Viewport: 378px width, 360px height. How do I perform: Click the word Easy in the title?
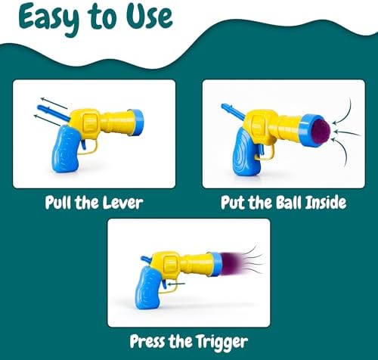[48, 20]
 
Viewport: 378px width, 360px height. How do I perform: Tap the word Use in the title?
[149, 17]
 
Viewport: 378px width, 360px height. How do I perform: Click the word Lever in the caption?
[122, 203]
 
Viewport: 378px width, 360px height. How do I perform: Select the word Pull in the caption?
[58, 203]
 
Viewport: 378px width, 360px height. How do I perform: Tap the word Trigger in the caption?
[222, 342]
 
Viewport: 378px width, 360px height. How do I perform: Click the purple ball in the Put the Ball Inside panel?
[319, 132]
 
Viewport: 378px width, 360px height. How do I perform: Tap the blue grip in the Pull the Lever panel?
[66, 149]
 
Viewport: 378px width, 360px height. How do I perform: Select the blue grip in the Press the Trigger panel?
[148, 288]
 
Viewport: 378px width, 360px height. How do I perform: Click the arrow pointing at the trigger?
[176, 284]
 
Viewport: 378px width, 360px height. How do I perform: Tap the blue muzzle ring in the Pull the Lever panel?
[138, 123]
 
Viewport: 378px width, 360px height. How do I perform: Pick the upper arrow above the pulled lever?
[54, 103]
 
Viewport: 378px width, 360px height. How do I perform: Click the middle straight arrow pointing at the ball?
[347, 132]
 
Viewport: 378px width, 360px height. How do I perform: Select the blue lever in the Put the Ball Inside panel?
[234, 111]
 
